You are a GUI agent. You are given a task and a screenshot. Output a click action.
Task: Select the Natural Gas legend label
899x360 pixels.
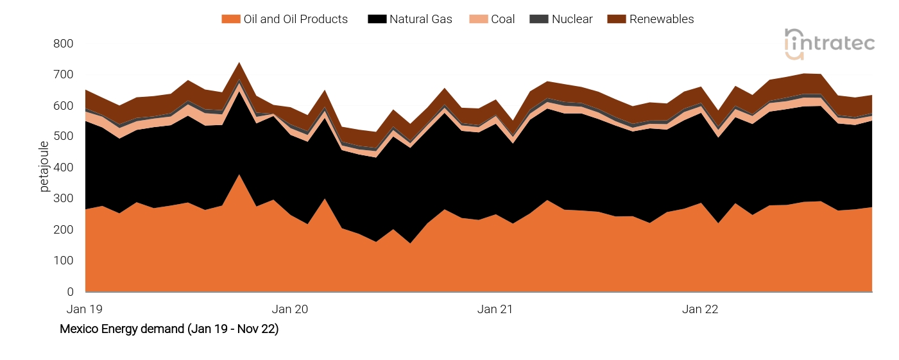[x=420, y=19]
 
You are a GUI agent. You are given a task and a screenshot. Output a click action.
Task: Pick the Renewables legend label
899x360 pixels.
[x=661, y=19]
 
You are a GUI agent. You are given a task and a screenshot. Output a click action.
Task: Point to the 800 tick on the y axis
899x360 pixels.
[x=64, y=44]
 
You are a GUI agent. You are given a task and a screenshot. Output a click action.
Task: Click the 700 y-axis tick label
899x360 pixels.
[x=64, y=75]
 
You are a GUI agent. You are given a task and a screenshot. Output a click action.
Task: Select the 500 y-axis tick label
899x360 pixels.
[x=64, y=137]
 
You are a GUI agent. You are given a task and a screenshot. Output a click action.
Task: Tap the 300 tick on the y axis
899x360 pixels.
[x=64, y=199]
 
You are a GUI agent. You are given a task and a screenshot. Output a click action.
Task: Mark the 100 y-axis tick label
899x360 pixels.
[x=64, y=261]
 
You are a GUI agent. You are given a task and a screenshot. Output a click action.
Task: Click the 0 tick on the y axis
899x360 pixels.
[x=70, y=292]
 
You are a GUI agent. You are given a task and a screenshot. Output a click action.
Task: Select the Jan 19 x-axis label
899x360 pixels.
[x=85, y=309]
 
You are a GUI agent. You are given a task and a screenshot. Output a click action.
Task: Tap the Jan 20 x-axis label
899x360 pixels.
[x=290, y=309]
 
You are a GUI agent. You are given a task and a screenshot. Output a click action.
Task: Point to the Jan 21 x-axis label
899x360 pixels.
[x=495, y=309]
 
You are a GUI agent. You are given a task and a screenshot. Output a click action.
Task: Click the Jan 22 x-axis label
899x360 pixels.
[x=700, y=309]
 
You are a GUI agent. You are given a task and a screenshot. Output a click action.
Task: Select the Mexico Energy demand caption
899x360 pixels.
[x=169, y=329]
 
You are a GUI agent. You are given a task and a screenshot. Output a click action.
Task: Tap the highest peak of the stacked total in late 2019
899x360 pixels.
[x=239, y=63]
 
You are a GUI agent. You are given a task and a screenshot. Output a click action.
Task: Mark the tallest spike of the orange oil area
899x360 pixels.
[x=239, y=175]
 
